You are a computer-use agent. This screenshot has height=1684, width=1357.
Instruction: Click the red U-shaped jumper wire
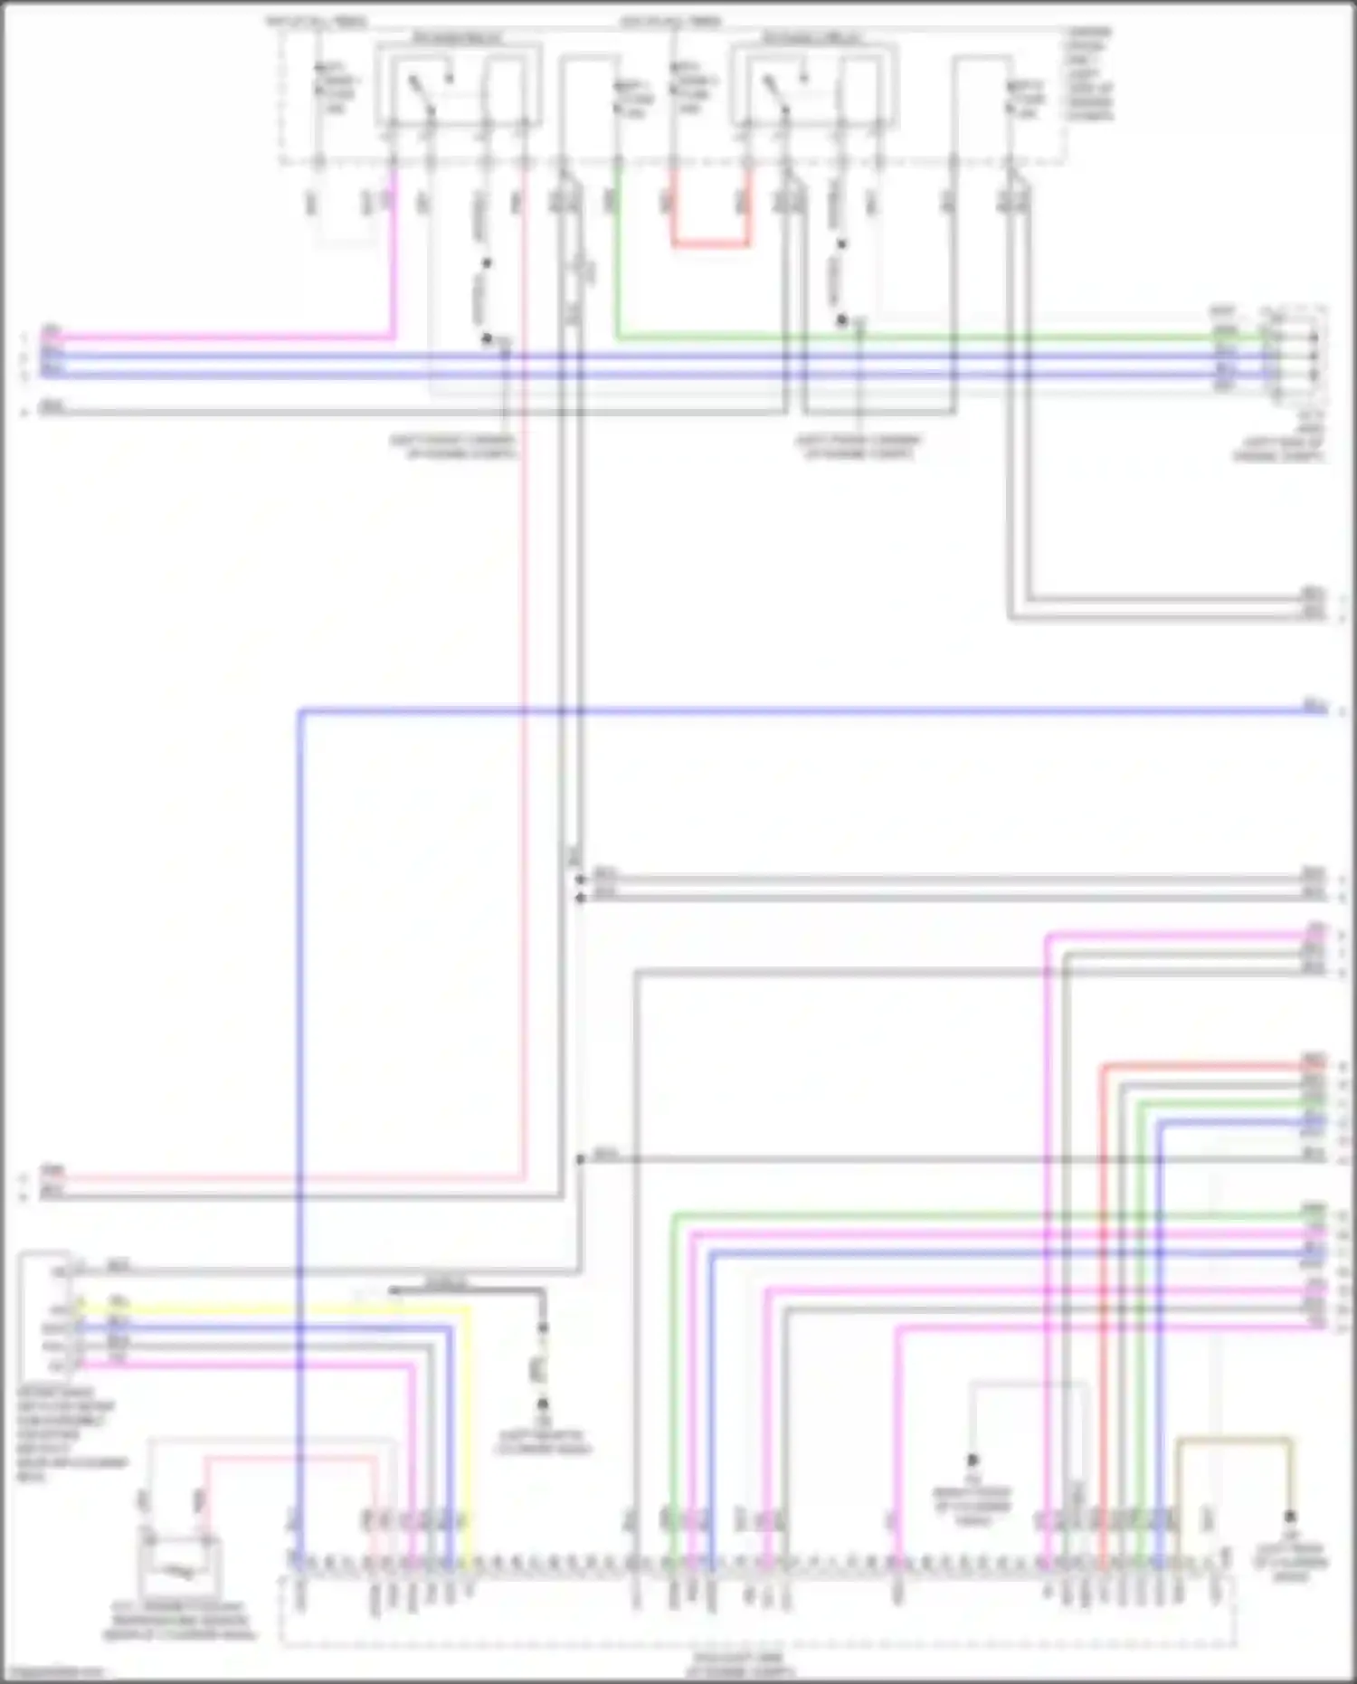pos(710,243)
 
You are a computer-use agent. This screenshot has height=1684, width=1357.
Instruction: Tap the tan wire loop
pos(1234,1439)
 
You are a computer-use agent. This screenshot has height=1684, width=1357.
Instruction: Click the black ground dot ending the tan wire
pos(1290,1517)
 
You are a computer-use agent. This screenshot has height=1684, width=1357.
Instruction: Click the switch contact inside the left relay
pos(422,94)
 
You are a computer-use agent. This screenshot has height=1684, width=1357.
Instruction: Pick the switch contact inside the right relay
pos(776,94)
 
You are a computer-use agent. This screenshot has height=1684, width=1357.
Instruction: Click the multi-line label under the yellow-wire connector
pos(68,1434)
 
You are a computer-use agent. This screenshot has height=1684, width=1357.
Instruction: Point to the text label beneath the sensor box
pos(178,1622)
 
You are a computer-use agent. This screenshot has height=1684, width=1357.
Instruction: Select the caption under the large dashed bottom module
pos(740,1663)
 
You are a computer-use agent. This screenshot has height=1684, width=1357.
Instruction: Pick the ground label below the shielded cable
pos(543,1441)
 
